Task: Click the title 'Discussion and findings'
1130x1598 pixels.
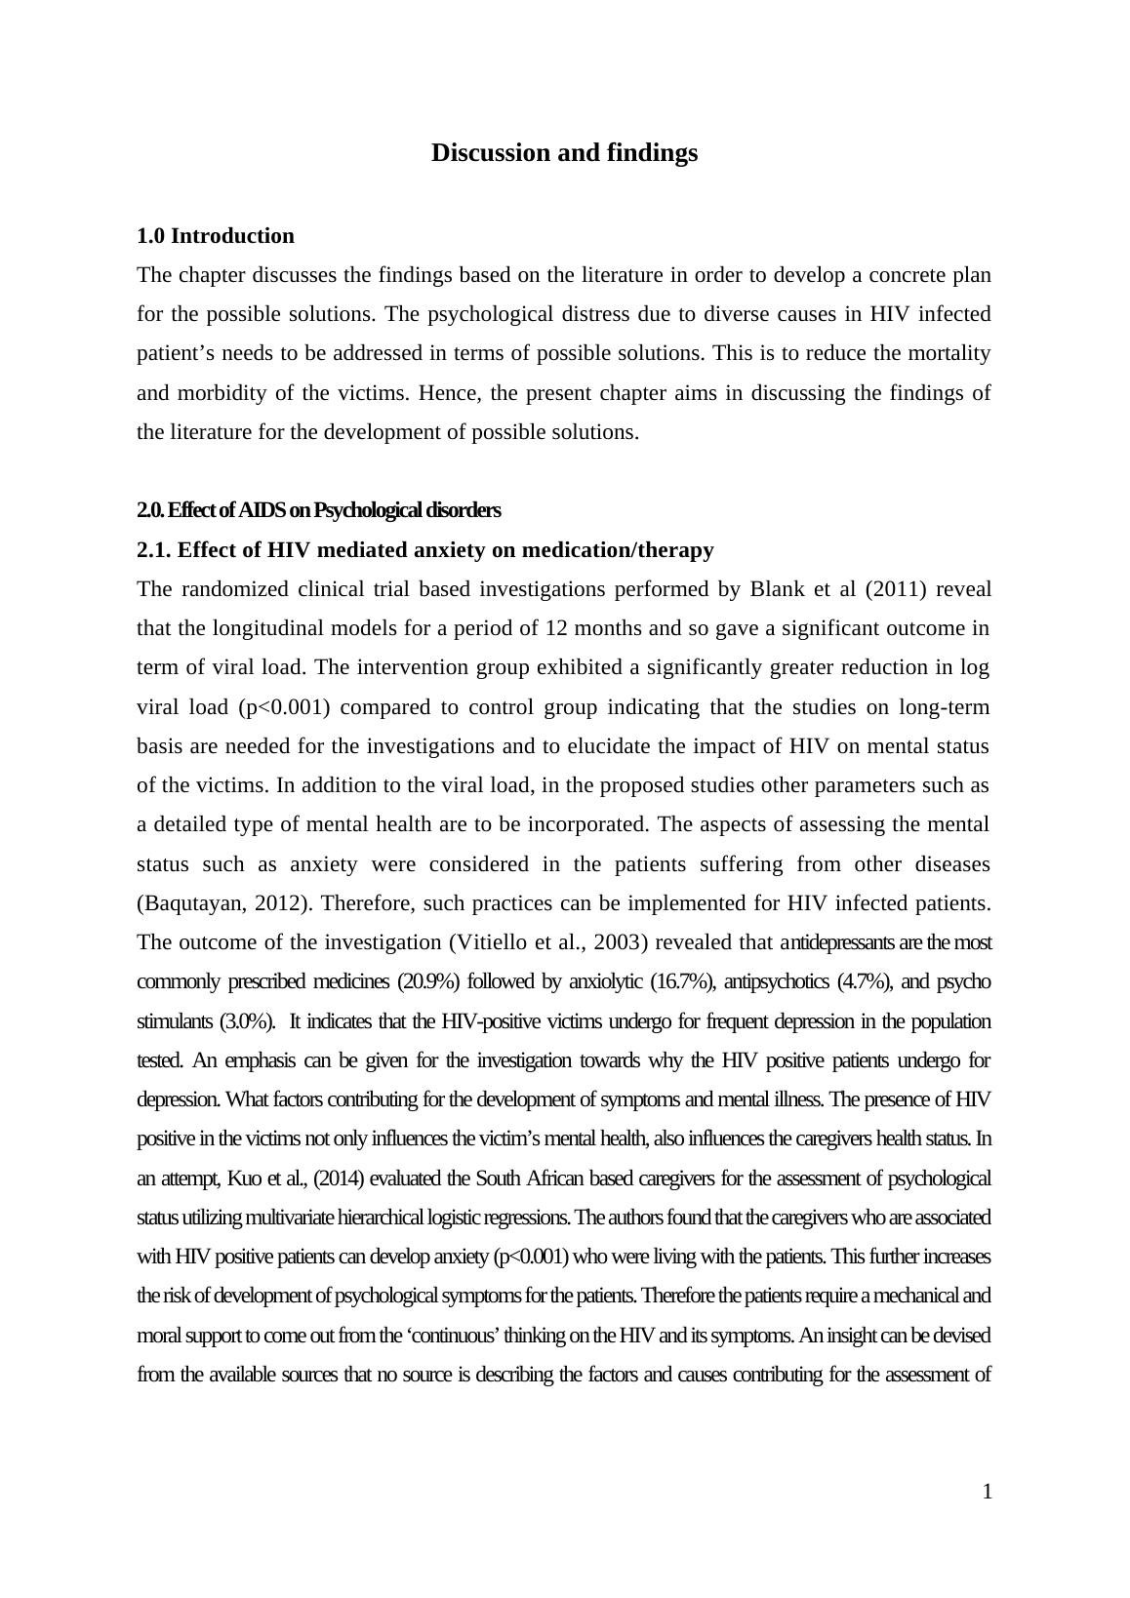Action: (564, 153)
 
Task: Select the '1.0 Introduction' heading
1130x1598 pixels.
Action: (215, 236)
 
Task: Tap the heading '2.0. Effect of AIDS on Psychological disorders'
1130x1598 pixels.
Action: (318, 510)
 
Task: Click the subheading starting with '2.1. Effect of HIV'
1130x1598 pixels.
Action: (424, 550)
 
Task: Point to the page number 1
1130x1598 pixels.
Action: (987, 1492)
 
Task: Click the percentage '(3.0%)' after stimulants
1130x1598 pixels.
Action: (247, 1021)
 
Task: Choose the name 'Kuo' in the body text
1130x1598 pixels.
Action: (243, 1179)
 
